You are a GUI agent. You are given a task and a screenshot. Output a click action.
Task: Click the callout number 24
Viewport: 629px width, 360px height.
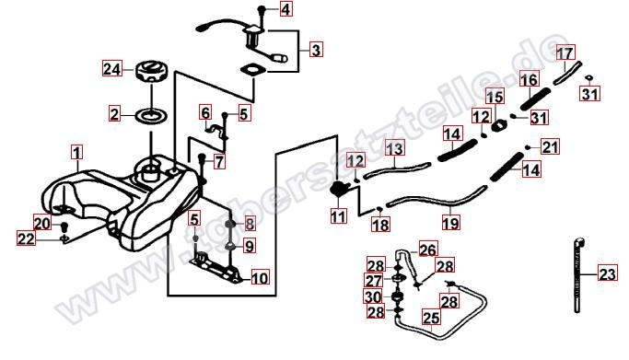coord(112,69)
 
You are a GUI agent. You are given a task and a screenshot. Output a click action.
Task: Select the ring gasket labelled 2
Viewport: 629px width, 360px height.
coord(152,116)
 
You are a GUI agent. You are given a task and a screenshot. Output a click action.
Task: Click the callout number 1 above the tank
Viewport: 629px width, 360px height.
coord(77,153)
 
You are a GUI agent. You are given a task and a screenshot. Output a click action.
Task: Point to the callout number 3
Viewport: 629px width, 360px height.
coord(316,50)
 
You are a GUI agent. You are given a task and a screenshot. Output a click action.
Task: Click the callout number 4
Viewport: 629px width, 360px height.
coord(285,9)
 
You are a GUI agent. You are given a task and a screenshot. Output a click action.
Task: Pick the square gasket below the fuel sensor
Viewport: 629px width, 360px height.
coord(253,69)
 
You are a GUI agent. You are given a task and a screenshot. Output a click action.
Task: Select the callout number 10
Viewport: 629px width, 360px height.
coord(260,277)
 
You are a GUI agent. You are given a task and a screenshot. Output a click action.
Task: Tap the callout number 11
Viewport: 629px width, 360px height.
coord(338,216)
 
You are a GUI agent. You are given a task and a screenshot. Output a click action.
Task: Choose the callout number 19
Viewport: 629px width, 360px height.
coord(450,223)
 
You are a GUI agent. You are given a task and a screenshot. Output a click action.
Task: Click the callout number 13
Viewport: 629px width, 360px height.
coord(395,149)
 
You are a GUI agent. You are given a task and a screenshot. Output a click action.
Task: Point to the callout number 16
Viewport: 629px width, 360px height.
coord(529,80)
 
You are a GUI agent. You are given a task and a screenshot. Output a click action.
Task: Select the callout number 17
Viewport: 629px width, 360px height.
coord(565,53)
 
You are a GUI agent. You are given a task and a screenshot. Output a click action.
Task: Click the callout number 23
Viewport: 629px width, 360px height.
coord(607,274)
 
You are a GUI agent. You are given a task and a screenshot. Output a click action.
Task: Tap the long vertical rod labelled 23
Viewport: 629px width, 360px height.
coord(578,275)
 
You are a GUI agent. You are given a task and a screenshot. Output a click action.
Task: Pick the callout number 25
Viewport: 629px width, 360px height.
coord(431,319)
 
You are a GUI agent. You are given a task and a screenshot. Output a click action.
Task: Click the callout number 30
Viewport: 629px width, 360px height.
coord(373,297)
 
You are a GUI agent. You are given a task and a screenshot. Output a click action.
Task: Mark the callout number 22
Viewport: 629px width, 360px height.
coord(27,239)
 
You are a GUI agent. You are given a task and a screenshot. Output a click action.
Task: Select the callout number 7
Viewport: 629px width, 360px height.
coord(219,162)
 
